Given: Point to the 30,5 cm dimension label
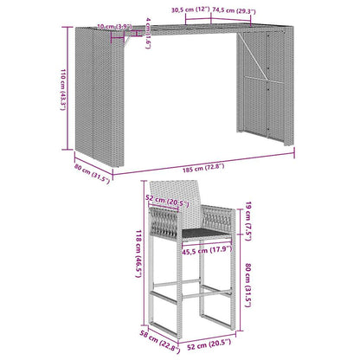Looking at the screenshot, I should [x=188, y=11].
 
